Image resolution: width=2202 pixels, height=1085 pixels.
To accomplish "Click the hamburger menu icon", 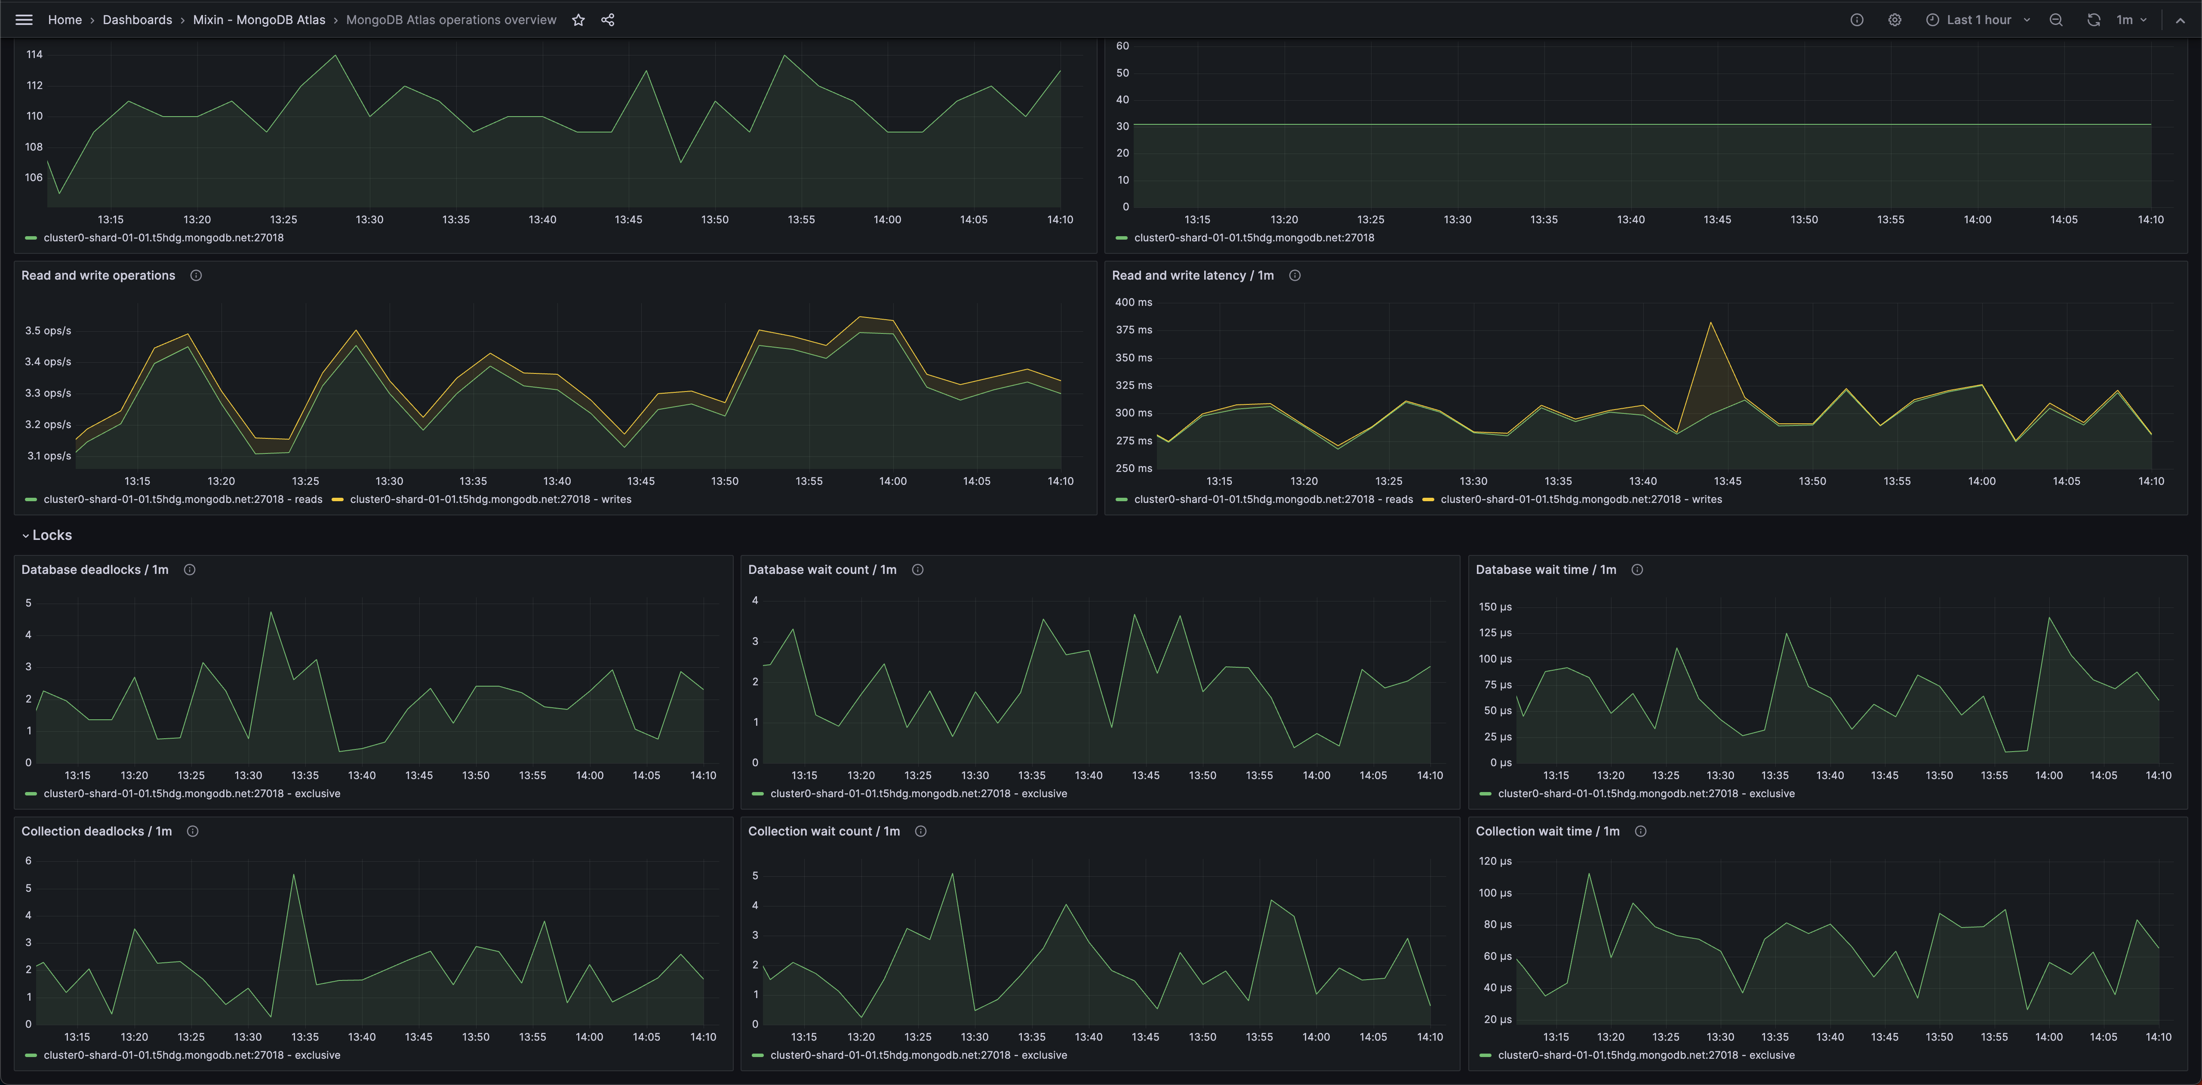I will click(24, 20).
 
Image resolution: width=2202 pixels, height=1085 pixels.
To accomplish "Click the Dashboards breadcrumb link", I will click(137, 20).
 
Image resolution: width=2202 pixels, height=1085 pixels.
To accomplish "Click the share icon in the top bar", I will click(608, 20).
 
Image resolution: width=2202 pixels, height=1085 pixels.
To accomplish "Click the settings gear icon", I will click(1894, 20).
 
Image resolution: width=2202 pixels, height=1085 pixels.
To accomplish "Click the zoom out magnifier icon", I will click(2056, 20).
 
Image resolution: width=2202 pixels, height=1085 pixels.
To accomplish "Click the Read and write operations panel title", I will click(98, 275).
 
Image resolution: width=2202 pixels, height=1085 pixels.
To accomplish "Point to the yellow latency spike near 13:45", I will click(1710, 323).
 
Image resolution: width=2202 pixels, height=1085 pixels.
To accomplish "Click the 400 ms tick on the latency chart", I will click(1134, 302).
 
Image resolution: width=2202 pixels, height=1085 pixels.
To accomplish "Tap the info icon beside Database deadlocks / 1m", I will click(190, 570).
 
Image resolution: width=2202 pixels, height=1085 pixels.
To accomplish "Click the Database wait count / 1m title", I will click(821, 570).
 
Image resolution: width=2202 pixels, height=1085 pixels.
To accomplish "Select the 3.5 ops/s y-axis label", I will click(48, 331).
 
